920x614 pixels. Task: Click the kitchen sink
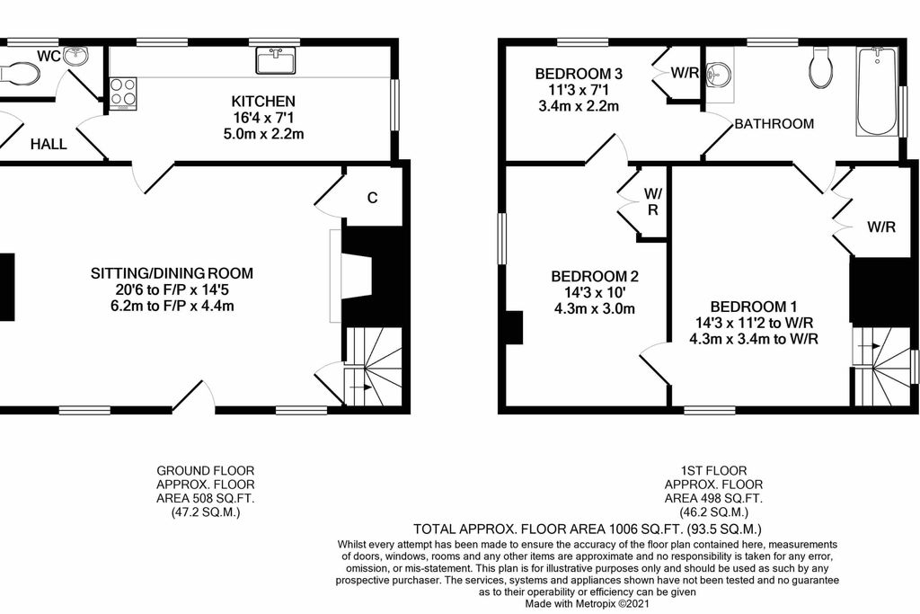tap(276, 60)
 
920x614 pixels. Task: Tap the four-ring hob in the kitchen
tap(123, 93)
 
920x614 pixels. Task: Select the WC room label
tap(49, 57)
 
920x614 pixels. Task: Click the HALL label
tap(49, 144)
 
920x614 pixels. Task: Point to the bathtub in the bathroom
tap(877, 92)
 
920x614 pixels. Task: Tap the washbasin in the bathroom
tap(718, 75)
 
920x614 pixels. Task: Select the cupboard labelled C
tap(373, 197)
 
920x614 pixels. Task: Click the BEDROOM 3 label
tap(579, 74)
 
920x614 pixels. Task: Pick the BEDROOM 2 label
tap(595, 276)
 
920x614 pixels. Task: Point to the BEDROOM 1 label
tap(754, 307)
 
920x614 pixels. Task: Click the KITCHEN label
tap(263, 101)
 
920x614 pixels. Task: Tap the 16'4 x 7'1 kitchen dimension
tap(263, 118)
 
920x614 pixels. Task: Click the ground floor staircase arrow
tap(359, 387)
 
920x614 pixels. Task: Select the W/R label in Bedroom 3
tap(685, 73)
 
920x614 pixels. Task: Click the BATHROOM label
tap(774, 124)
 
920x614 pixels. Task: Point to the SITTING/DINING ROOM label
tap(172, 273)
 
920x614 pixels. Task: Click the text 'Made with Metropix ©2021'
tap(588, 603)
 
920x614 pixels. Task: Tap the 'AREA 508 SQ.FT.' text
tap(206, 498)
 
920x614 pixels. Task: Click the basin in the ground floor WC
tap(76, 57)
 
